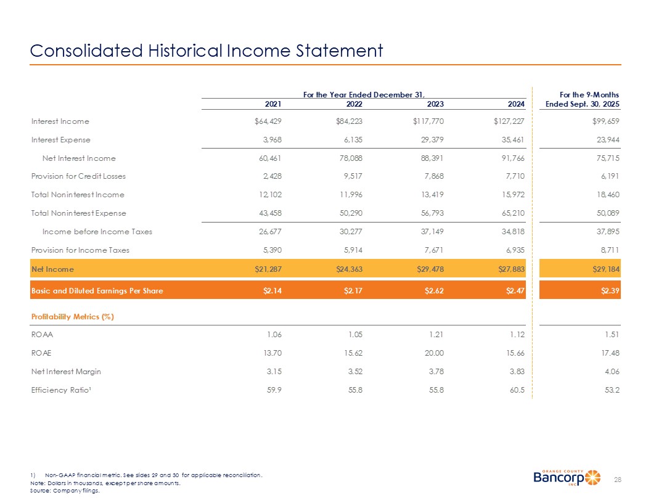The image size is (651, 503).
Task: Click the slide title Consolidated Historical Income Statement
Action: click(x=207, y=50)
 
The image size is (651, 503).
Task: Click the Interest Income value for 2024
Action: click(x=505, y=121)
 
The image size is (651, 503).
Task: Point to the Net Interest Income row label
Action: click(x=78, y=158)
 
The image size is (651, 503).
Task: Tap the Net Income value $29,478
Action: click(x=428, y=269)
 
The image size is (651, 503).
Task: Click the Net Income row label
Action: click(x=52, y=269)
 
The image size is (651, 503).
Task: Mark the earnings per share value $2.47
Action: click(x=514, y=291)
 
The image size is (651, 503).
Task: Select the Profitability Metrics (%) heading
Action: click(x=73, y=317)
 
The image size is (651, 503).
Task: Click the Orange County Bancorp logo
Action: click(x=566, y=477)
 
